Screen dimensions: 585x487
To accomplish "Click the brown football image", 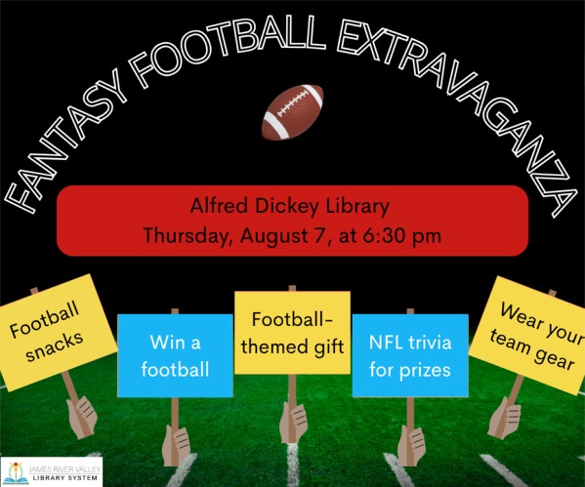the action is [292, 112].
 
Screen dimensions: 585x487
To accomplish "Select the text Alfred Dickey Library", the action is [289, 206].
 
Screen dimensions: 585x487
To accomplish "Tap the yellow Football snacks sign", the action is [56, 332].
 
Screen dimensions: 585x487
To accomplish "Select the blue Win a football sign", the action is [175, 355].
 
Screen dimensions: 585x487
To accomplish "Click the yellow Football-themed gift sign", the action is [292, 332].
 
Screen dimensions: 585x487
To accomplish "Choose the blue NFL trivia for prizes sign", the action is [410, 355].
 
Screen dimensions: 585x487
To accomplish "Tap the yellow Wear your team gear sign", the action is [529, 335].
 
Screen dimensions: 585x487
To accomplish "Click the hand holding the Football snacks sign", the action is [82, 417].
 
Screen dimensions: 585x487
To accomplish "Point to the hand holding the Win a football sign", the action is [176, 446].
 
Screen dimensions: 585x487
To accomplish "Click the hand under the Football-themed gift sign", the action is [293, 423].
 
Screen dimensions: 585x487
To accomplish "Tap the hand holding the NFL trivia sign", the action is [411, 446].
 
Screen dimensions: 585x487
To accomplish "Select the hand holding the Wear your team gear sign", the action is [504, 417].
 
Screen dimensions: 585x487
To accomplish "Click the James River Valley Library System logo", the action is [51, 471].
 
